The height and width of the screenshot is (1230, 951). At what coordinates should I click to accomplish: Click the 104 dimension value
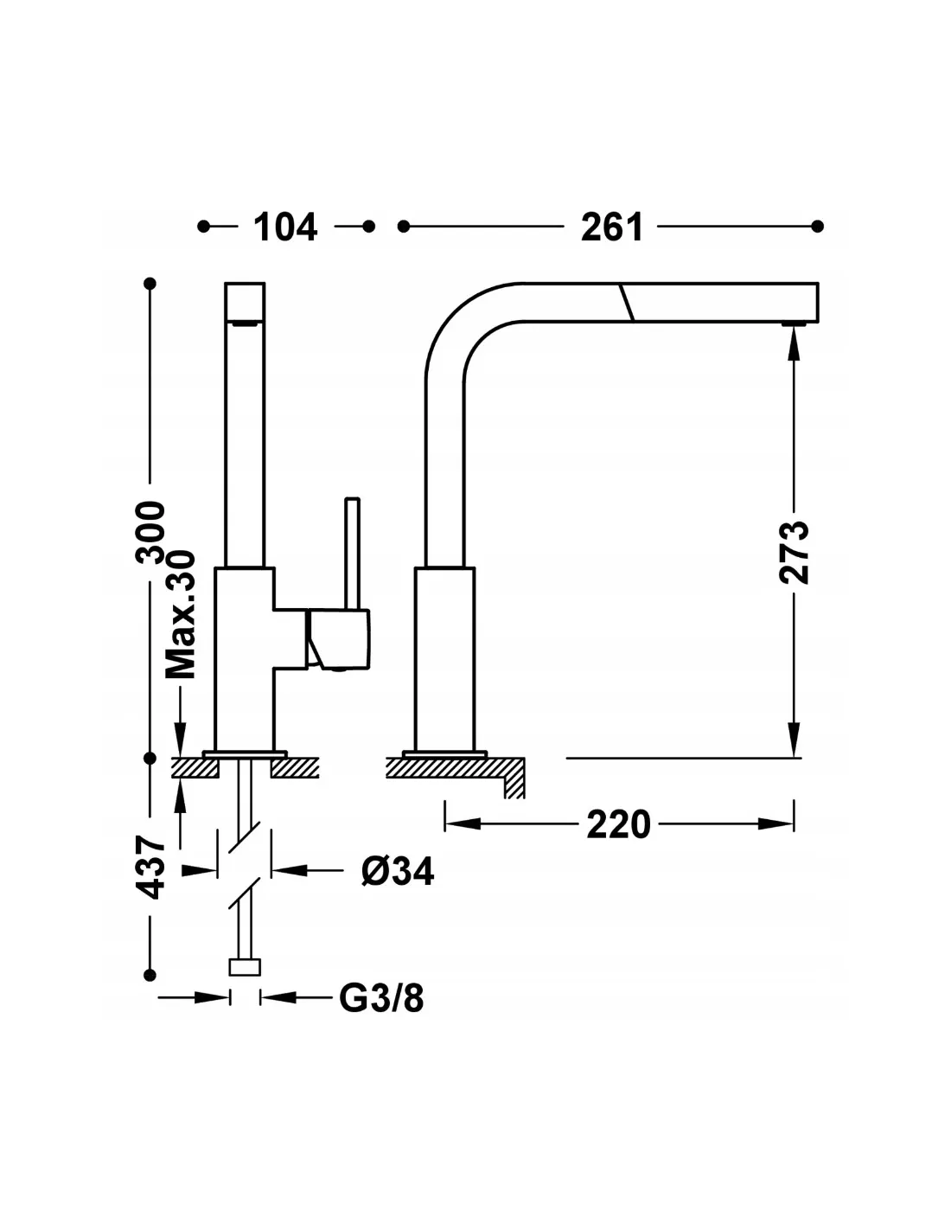coord(285,227)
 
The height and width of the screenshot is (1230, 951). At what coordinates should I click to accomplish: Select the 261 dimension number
coord(611,227)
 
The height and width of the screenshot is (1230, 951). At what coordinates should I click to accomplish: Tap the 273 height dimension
coord(794,553)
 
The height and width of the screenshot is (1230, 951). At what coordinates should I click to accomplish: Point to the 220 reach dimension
coord(618,824)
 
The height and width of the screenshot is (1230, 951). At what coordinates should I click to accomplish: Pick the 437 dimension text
coord(151,868)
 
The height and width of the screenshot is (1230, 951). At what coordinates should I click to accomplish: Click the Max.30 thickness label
coord(180,613)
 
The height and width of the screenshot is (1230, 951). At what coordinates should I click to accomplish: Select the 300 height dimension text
coord(150,532)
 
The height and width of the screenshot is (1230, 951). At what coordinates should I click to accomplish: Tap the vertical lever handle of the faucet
coord(353,554)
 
